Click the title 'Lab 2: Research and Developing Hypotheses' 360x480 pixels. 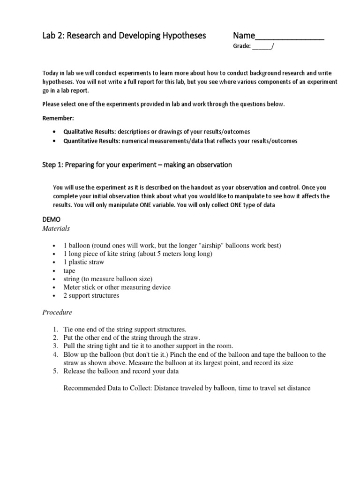[x=124, y=36]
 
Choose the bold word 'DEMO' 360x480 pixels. [x=52, y=219]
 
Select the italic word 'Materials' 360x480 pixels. [x=56, y=228]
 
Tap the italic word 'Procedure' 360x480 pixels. [x=57, y=312]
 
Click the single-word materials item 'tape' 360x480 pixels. [x=69, y=271]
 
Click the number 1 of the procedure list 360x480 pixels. [x=55, y=329]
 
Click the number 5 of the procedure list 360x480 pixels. [x=55, y=371]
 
